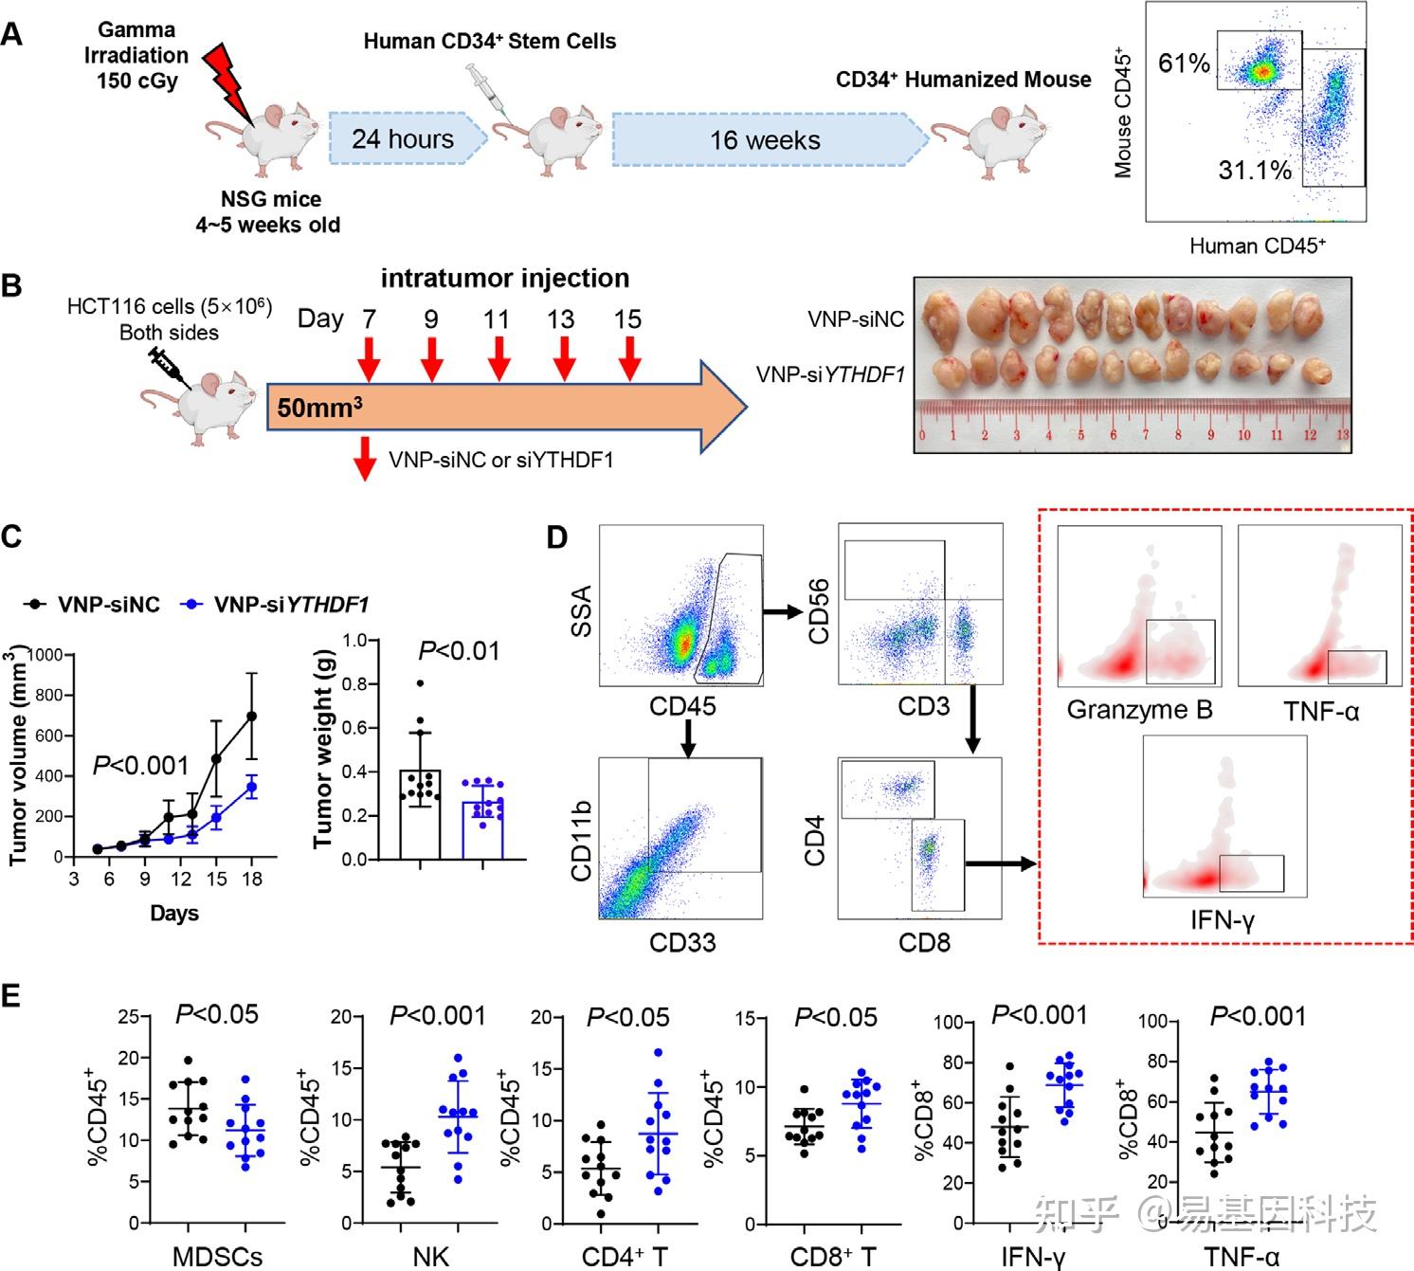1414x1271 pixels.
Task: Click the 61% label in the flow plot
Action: (x=1184, y=64)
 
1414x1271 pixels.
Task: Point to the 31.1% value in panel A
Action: (x=1255, y=171)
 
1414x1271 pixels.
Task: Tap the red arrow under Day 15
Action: (x=628, y=358)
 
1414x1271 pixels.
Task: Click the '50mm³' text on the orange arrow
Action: (x=319, y=409)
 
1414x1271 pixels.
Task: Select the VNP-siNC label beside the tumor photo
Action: (x=856, y=319)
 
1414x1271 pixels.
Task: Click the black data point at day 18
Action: (x=252, y=716)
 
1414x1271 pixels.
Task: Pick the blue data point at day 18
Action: (x=252, y=787)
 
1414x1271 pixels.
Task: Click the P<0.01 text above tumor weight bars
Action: (x=460, y=651)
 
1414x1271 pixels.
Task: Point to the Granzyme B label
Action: (x=1139, y=710)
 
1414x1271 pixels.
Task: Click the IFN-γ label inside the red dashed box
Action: (x=1223, y=918)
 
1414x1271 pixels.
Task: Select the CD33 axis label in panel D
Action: (x=682, y=942)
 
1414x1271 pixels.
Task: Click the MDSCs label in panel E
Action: (x=218, y=1257)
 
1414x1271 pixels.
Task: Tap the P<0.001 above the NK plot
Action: (x=437, y=1016)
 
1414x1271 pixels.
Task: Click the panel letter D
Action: (x=557, y=537)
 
